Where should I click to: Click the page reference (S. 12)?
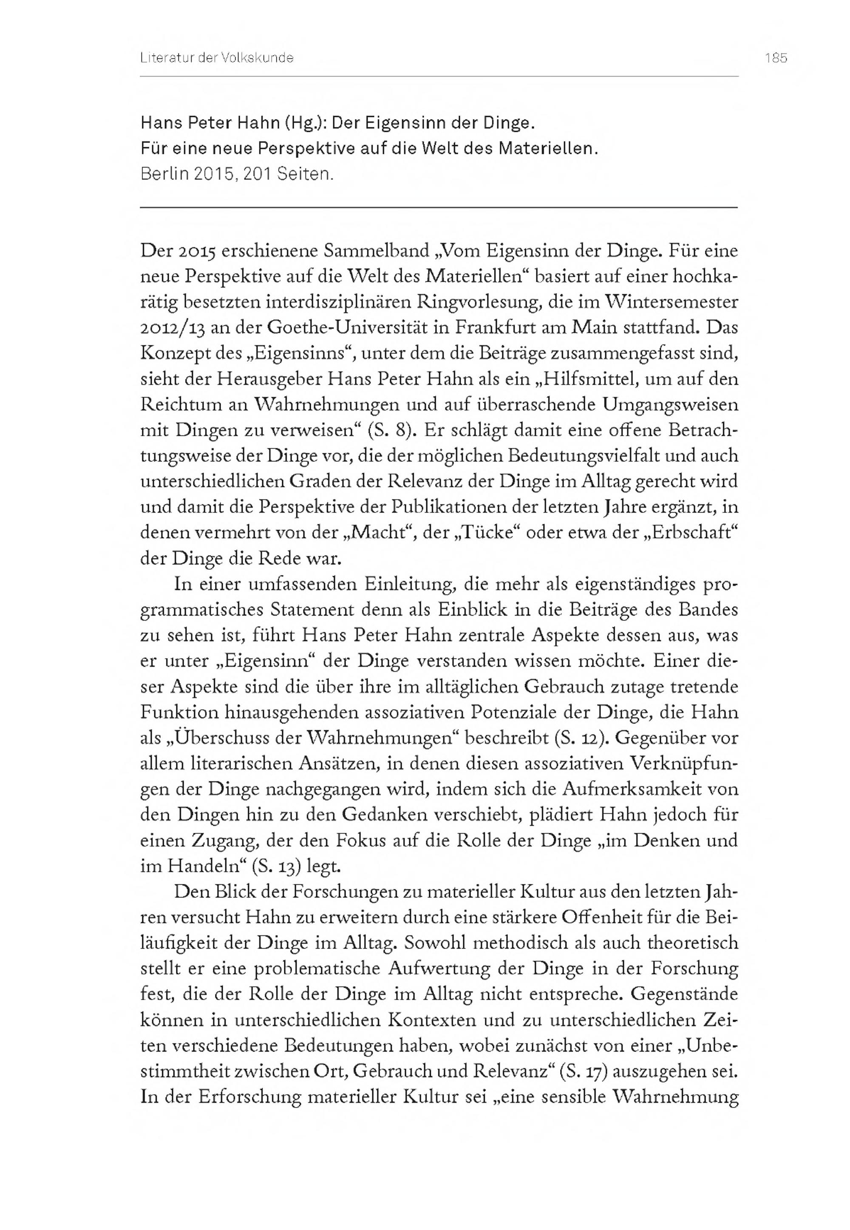tap(583, 739)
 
